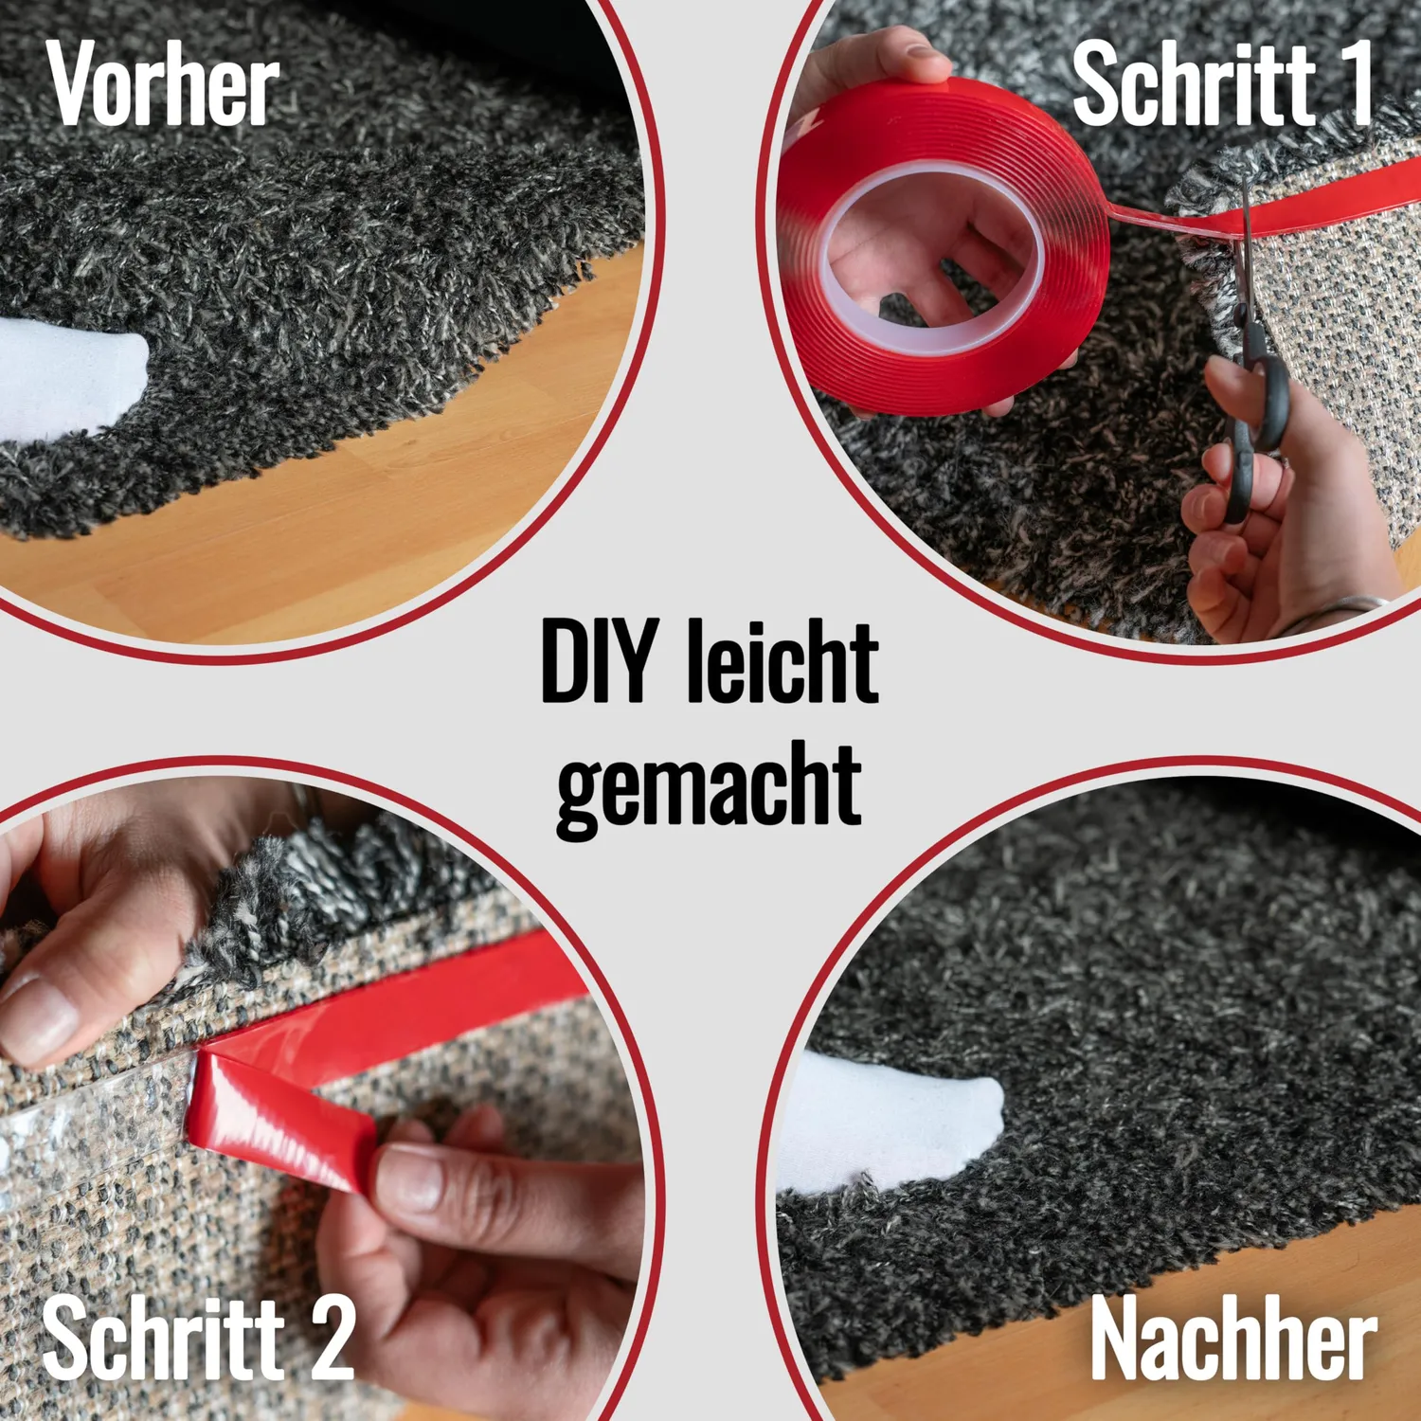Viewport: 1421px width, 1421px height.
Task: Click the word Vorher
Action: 163,84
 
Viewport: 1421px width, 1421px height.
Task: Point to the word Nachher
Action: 1233,1339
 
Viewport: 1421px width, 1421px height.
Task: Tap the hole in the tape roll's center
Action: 933,256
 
